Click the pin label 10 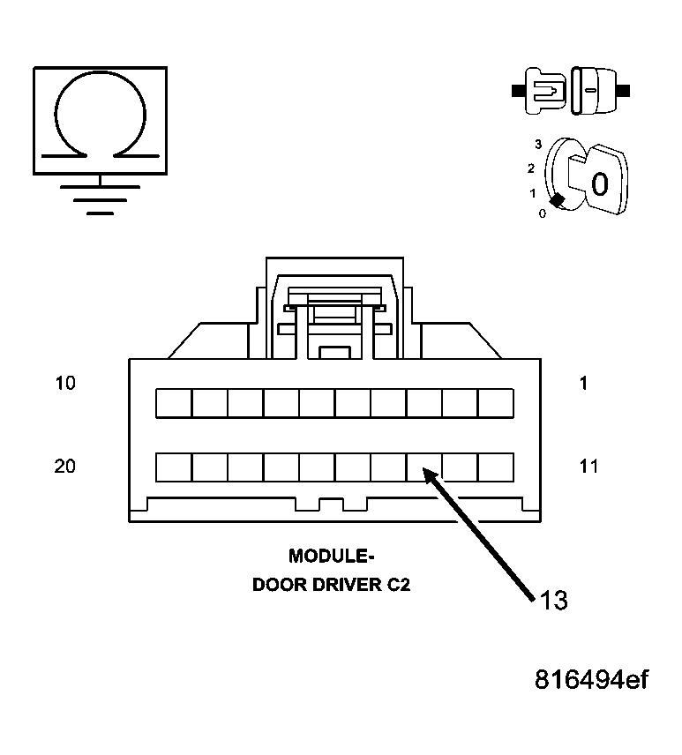point(65,384)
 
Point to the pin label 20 point(65,467)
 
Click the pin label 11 point(588,467)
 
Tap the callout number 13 point(553,601)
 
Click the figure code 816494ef point(591,681)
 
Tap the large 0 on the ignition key point(599,184)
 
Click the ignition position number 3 point(537,142)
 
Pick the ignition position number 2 point(531,168)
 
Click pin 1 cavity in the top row point(496,403)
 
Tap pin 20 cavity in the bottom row point(174,467)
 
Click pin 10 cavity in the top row point(174,403)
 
